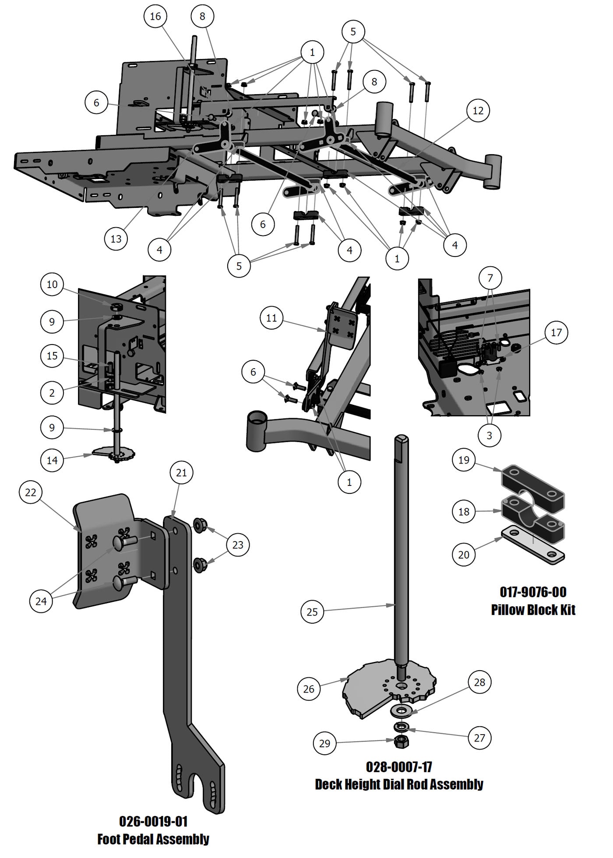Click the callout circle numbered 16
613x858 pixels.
tap(155, 16)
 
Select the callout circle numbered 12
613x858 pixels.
tap(478, 110)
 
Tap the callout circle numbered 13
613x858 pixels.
tap(116, 239)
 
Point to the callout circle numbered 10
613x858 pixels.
tap(52, 285)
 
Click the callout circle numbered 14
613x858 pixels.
tap(52, 460)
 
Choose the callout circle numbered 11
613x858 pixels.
tap(271, 318)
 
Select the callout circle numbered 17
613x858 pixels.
tap(556, 333)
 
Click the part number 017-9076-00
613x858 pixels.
tap(533, 592)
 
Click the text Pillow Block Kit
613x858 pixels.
tap(533, 610)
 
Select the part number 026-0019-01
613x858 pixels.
tap(153, 821)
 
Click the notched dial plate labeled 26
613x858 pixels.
tap(372, 696)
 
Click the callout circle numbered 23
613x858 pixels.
tap(238, 545)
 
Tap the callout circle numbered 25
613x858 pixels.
tap(312, 612)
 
